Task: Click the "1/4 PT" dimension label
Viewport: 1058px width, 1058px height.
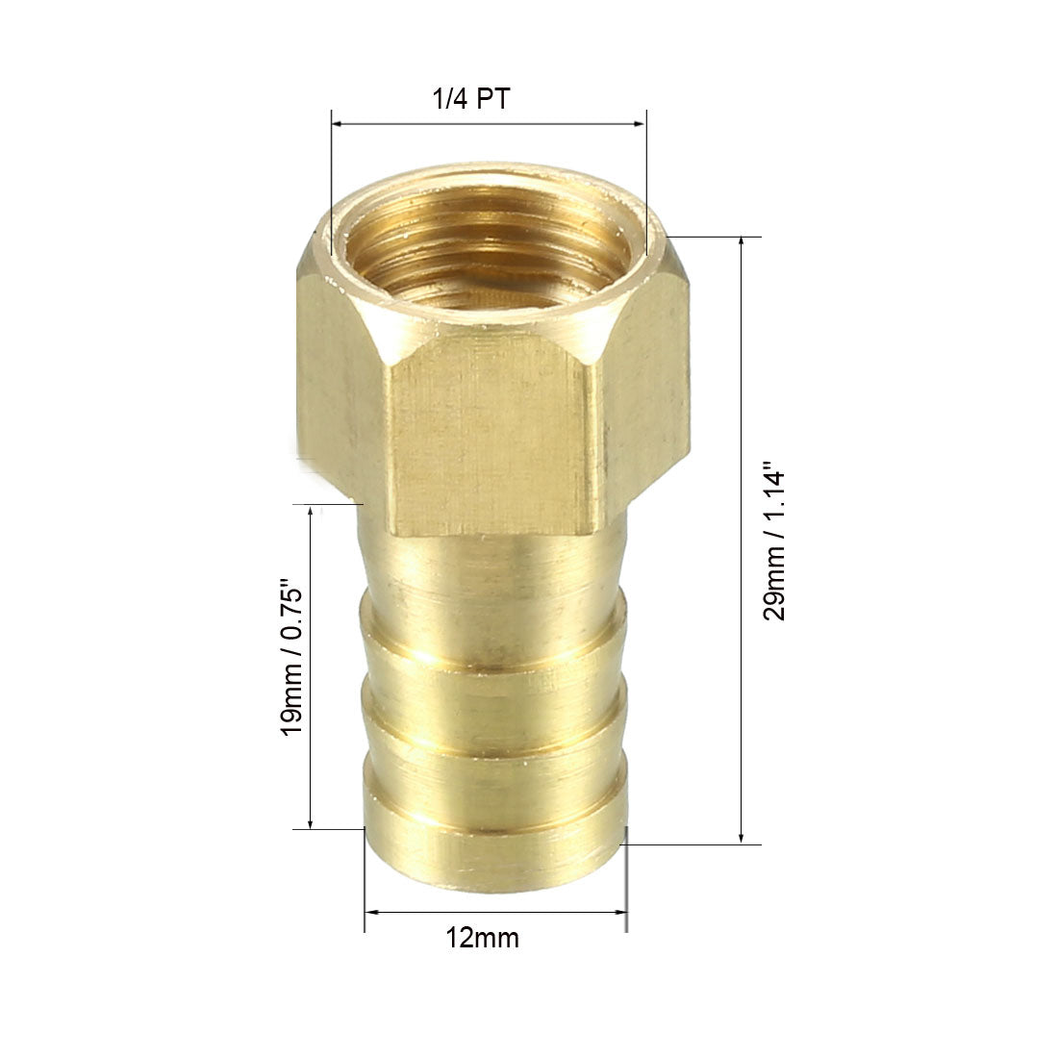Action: click(471, 99)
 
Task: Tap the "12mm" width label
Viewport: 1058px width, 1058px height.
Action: click(483, 938)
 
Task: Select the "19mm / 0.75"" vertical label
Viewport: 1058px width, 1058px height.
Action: click(292, 657)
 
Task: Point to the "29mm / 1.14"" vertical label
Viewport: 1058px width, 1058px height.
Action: click(774, 542)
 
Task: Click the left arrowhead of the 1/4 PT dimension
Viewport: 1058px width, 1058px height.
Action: click(338, 124)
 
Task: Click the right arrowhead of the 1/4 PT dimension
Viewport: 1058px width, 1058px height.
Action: click(640, 124)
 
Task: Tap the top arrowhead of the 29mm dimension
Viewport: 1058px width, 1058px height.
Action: click(742, 243)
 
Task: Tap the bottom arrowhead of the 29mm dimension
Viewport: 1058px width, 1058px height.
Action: click(742, 837)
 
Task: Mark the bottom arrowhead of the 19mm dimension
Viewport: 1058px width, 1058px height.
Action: click(311, 821)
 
